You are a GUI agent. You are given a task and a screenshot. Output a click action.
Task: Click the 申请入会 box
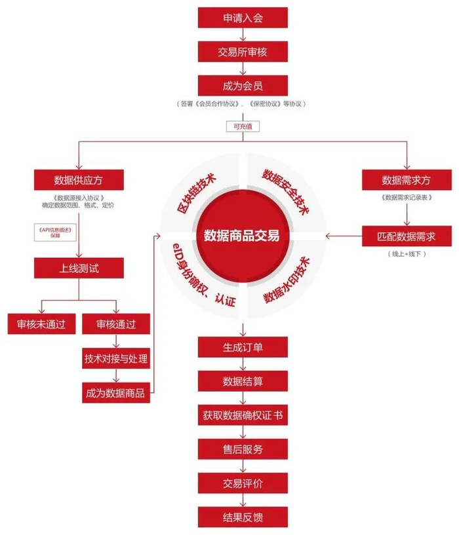(x=243, y=18)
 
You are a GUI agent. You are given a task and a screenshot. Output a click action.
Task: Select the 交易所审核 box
(x=243, y=52)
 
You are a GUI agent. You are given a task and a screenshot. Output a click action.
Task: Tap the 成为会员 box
(x=243, y=86)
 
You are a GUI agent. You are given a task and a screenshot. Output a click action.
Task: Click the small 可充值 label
(x=243, y=126)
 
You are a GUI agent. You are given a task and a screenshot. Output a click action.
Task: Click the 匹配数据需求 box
(x=407, y=236)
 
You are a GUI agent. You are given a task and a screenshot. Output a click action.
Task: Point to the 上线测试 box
(x=79, y=268)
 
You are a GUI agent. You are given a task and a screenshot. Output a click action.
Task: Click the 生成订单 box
(x=243, y=346)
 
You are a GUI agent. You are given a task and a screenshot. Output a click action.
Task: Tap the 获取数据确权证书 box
(x=243, y=415)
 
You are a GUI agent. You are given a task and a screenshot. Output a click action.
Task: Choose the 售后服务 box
(x=243, y=449)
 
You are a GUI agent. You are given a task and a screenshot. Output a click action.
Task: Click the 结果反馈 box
(x=243, y=517)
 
